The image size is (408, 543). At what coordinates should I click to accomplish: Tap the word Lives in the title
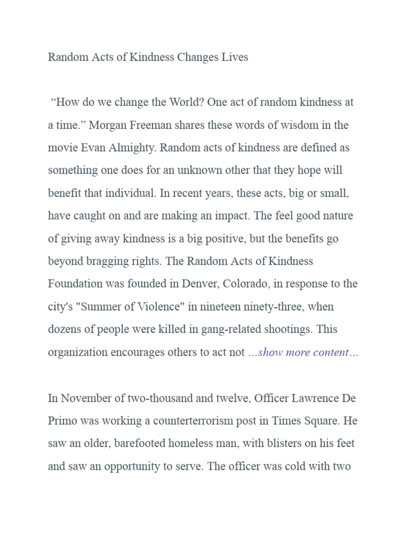coord(235,57)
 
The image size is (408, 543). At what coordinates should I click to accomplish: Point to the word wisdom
coord(298,125)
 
